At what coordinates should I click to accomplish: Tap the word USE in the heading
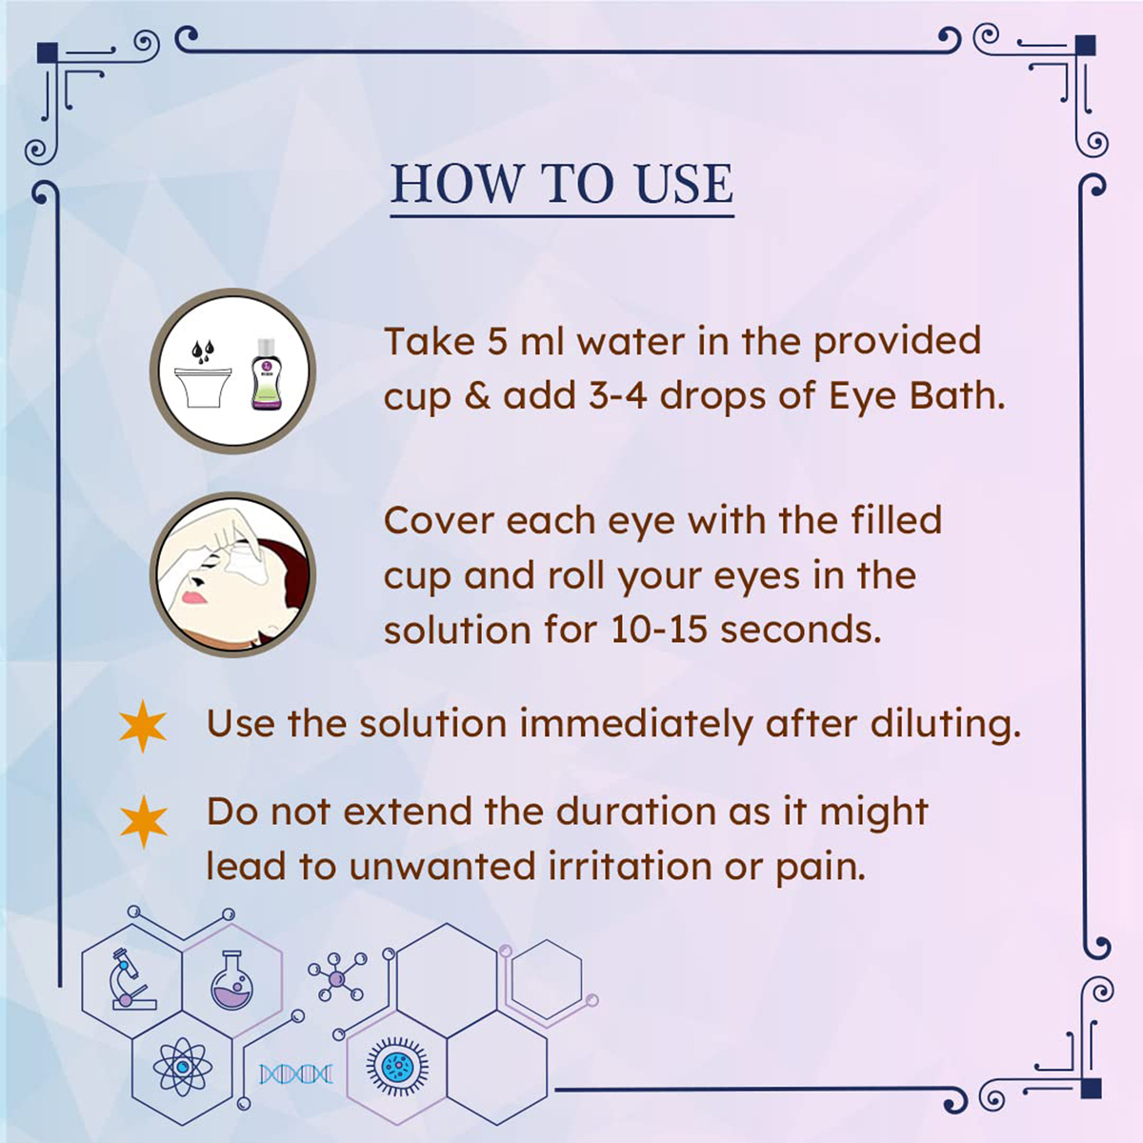(683, 184)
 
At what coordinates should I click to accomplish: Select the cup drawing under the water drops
(203, 387)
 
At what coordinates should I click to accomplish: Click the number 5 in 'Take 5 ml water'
(497, 342)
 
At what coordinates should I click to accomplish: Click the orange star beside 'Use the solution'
(143, 726)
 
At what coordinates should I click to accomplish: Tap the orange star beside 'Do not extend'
(143, 820)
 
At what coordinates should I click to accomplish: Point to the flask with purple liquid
(231, 981)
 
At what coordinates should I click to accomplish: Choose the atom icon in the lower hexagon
(180, 1066)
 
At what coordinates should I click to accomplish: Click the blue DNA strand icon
(296, 1074)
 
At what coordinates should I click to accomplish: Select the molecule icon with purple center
(335, 978)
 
